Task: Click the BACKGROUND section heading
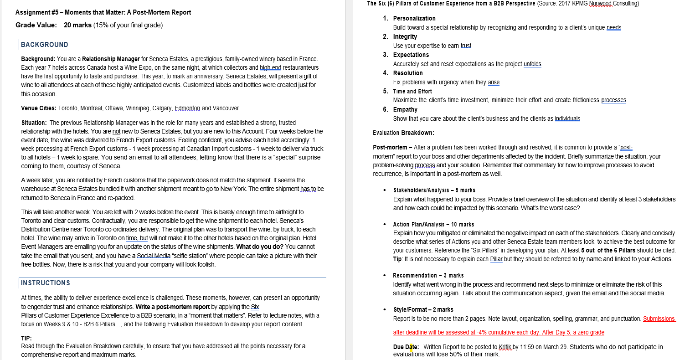45,45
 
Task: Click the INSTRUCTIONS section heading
46,283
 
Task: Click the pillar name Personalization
414,18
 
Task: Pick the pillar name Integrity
405,36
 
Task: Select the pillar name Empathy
405,109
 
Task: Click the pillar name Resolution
408,73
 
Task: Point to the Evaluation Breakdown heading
403,133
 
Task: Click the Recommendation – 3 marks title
428,275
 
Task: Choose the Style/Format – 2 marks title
423,309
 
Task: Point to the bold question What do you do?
259,247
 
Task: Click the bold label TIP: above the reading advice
26,338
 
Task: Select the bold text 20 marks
77,25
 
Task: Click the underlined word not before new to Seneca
116,132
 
